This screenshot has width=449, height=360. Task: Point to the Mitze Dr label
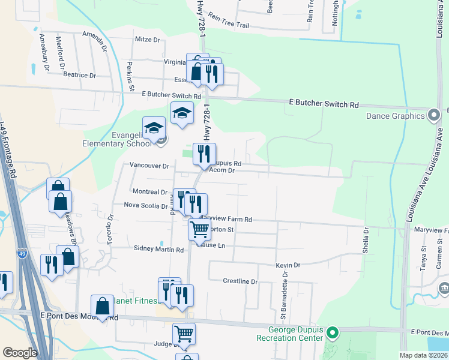pos(148,40)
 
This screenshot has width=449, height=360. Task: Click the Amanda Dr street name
pos(98,41)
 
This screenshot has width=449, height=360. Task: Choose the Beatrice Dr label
pos(79,76)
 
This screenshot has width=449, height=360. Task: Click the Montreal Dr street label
pos(149,192)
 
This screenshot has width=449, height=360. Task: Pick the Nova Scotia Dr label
pos(146,206)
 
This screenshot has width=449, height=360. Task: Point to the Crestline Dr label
pos(240,281)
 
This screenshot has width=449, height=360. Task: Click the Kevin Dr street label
pos(288,265)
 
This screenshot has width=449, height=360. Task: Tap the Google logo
pos(20,353)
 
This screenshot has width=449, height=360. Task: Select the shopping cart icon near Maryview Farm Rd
pos(199,228)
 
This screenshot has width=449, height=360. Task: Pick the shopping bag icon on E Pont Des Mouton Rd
pos(103,306)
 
